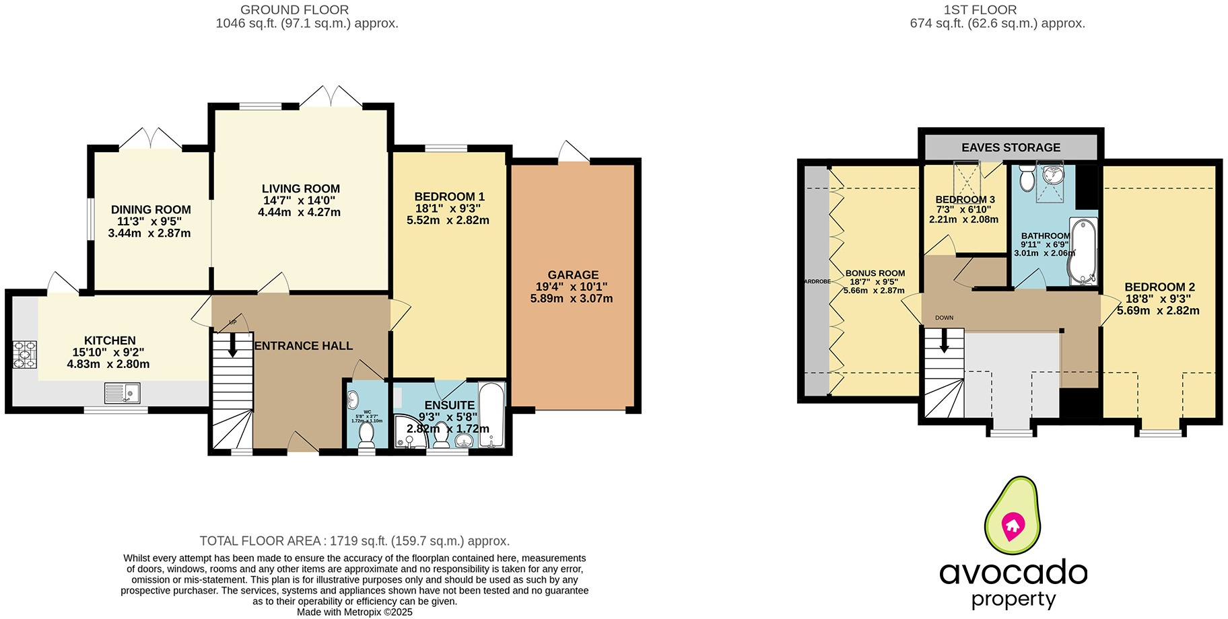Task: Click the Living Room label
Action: pyautogui.click(x=300, y=189)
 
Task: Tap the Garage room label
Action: pyautogui.click(x=573, y=275)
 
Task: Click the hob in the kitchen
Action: pyautogui.click(x=25, y=355)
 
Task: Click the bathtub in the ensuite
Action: pyautogui.click(x=491, y=414)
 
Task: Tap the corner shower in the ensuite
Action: pyautogui.click(x=409, y=432)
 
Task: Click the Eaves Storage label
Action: pyautogui.click(x=1011, y=147)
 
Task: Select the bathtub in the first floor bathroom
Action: pyautogui.click(x=1083, y=250)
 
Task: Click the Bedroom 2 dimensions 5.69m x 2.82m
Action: pyautogui.click(x=1158, y=310)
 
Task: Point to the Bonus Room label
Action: pyautogui.click(x=875, y=273)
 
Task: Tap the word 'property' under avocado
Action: pyautogui.click(x=1013, y=599)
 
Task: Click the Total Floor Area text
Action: pyautogui.click(x=354, y=541)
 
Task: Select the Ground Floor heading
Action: pyautogui.click(x=295, y=10)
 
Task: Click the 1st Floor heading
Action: pyautogui.click(x=980, y=10)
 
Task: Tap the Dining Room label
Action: pyautogui.click(x=151, y=210)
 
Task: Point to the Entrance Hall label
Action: pyautogui.click(x=304, y=346)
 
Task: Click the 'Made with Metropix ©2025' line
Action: pyautogui.click(x=354, y=612)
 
